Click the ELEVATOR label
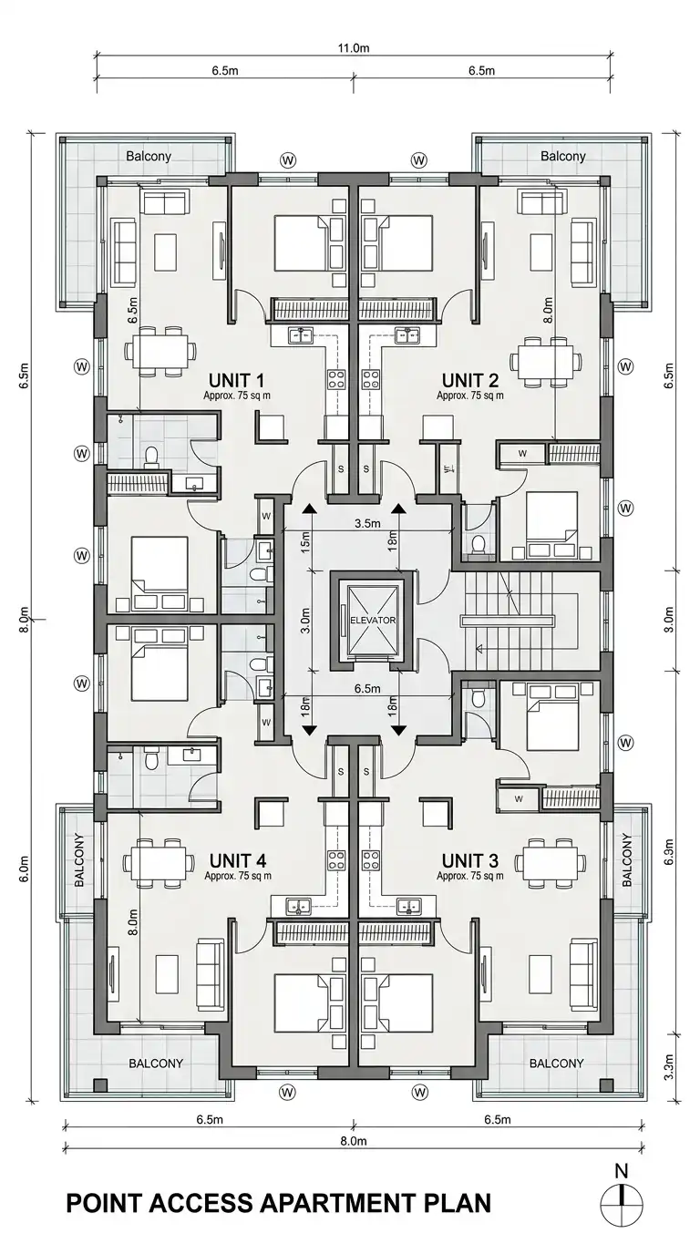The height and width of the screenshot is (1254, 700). coord(373,621)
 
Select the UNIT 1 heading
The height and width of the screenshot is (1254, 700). coord(236,381)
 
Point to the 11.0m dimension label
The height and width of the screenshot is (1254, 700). coord(354,48)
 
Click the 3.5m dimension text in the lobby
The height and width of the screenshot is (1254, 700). coord(367,524)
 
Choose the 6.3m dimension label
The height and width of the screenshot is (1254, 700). coord(669,852)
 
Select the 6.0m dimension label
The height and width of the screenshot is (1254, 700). coord(25,869)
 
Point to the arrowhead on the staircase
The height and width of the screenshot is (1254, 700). coord(479,650)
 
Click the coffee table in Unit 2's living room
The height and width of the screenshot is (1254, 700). coord(541,252)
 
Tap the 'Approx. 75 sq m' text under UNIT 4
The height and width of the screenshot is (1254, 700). coord(238,876)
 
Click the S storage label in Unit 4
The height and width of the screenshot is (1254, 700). coord(341,772)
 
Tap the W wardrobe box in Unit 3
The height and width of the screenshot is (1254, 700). coord(519,799)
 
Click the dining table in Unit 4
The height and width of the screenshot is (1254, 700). coord(159,862)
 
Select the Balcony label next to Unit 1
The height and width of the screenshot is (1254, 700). coord(149,156)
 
